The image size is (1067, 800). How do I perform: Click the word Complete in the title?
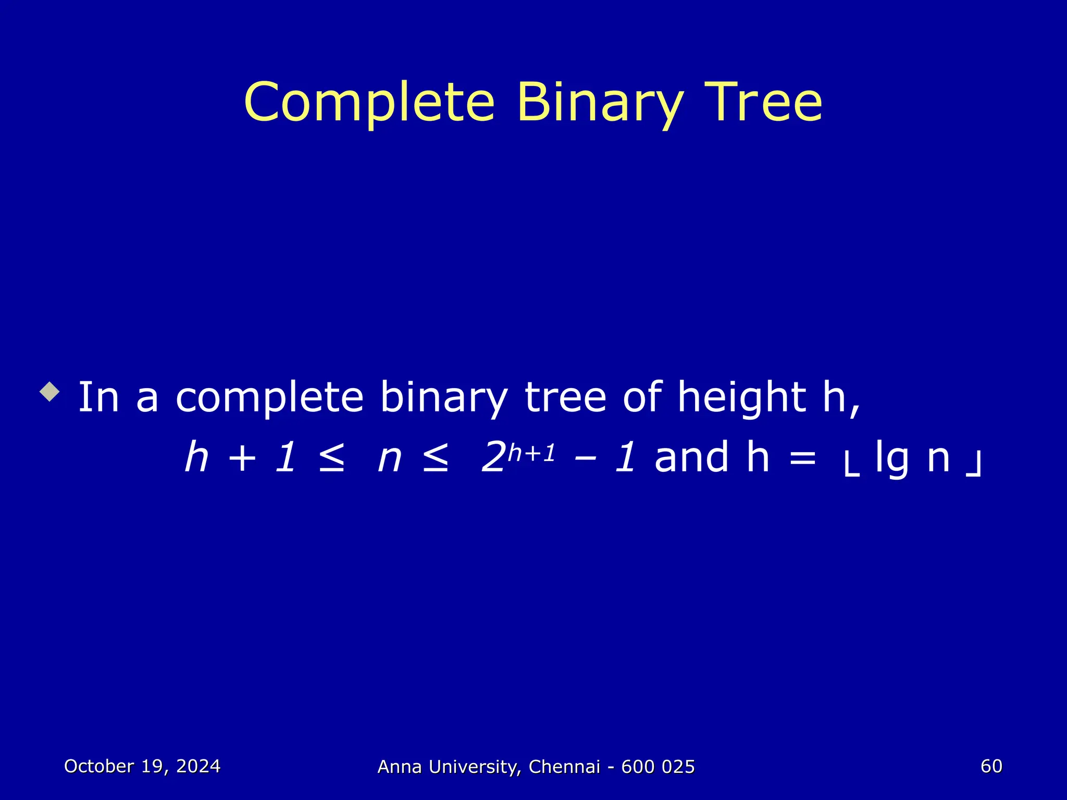click(x=369, y=103)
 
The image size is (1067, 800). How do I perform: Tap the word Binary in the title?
click(x=599, y=103)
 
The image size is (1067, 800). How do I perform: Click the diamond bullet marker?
click(x=49, y=391)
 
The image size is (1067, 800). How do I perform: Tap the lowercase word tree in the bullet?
click(x=565, y=397)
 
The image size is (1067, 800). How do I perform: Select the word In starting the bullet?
click(x=98, y=397)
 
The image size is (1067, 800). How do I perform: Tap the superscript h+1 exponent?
click(x=531, y=453)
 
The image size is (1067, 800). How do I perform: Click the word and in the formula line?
click(x=691, y=457)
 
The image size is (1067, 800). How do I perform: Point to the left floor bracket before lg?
click(x=851, y=465)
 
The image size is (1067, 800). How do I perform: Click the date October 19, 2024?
click(x=142, y=766)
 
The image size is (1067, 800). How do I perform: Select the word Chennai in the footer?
click(x=564, y=767)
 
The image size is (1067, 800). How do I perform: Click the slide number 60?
click(x=991, y=766)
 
